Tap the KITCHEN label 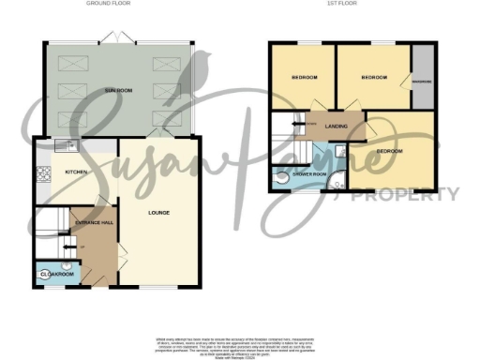(76, 173)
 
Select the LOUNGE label (158, 214)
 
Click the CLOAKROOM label (56, 274)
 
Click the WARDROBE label (422, 82)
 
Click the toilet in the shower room (281, 175)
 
